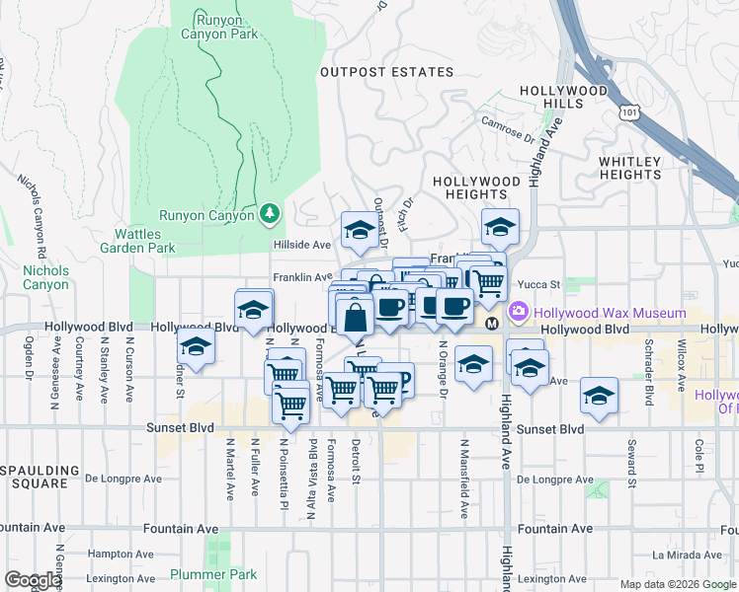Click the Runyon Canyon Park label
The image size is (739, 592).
coord(219,25)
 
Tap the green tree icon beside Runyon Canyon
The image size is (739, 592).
coord(270,213)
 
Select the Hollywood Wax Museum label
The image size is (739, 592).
coord(610,313)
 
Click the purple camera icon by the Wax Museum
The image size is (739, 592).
coord(519,313)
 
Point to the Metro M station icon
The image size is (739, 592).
coord(491,323)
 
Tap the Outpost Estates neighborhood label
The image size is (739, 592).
coord(386,72)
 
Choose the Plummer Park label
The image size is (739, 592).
coord(212,574)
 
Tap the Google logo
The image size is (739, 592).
coord(32,580)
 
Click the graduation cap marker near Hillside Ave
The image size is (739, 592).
coord(359,231)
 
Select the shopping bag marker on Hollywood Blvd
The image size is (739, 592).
coord(355,316)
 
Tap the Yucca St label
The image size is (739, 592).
coord(541,284)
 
